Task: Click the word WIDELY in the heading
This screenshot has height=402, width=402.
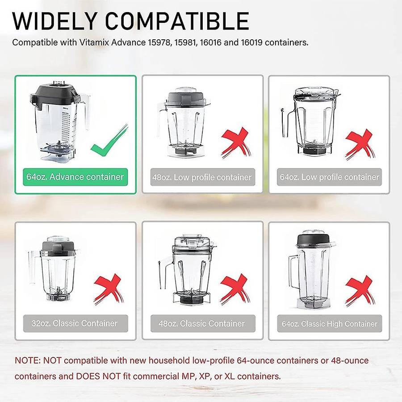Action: (x=54, y=21)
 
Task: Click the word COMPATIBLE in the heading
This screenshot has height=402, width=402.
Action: (x=177, y=21)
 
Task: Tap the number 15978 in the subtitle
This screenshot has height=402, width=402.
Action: (x=159, y=42)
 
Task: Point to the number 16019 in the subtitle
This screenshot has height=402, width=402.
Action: (x=252, y=42)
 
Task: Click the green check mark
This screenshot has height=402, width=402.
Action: (x=109, y=141)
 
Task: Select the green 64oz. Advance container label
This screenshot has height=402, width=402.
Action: (x=75, y=177)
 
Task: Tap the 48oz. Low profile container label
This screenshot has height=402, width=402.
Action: (x=202, y=177)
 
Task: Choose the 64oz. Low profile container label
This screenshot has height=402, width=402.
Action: (x=330, y=177)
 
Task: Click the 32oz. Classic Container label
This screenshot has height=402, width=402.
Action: (x=75, y=323)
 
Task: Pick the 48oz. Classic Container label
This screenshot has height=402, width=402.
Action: (x=202, y=323)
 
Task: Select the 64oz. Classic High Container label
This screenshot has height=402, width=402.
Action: (x=330, y=323)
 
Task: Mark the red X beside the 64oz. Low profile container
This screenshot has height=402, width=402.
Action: (x=360, y=144)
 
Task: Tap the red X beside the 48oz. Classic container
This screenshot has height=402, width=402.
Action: (x=235, y=289)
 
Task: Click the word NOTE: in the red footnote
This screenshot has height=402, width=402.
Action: (x=28, y=360)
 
